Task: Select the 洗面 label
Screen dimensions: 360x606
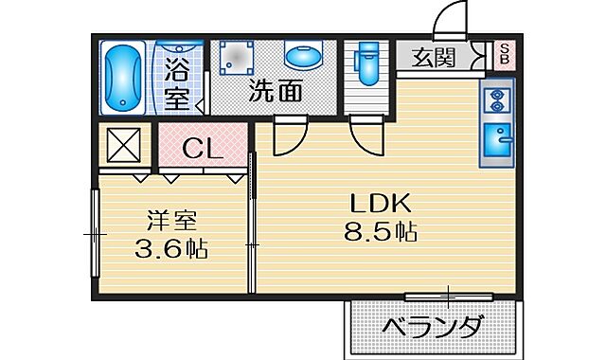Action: pos(276,92)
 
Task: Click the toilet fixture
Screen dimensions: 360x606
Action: pos(365,65)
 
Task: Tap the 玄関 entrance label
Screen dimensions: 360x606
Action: pos(433,58)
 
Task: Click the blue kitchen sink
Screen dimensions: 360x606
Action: pos(497,141)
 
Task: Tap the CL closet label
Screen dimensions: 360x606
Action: pos(202,149)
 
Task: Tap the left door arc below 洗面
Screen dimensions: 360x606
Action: pos(287,137)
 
